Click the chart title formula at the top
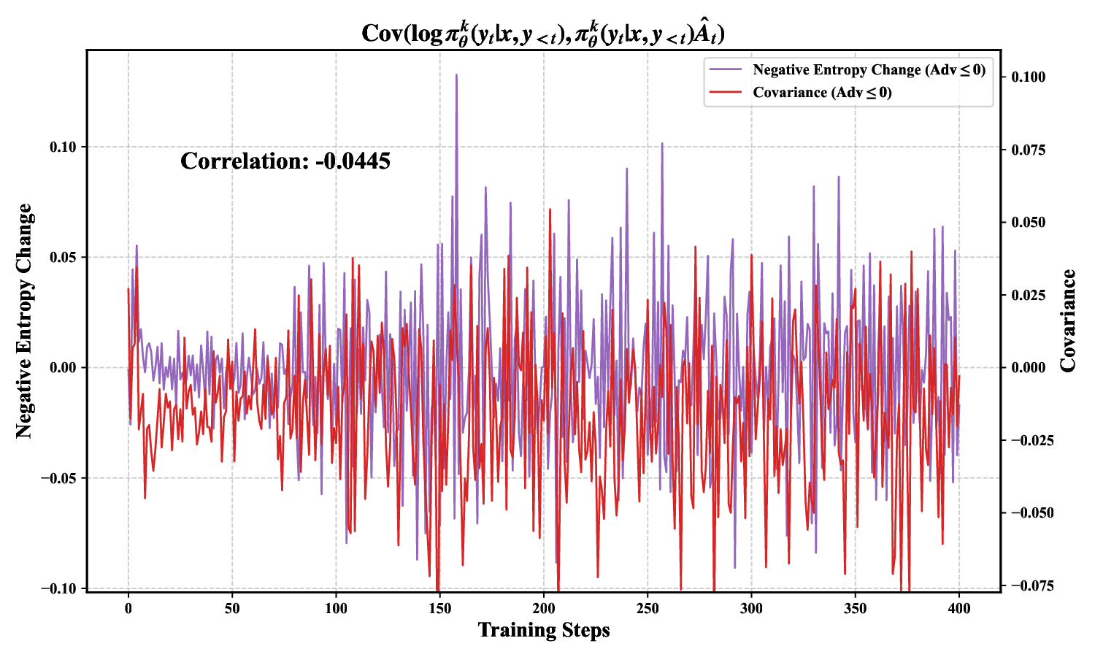point(543,34)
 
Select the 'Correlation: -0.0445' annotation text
point(285,161)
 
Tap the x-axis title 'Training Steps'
point(544,630)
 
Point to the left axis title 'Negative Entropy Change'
point(25,321)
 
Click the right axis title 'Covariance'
point(1069,321)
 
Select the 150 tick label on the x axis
point(439,608)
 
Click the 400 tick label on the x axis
point(958,608)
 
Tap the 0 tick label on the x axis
point(128,608)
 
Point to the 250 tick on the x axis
point(648,608)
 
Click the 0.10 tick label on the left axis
point(63,147)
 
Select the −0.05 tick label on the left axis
point(59,478)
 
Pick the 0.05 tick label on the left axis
point(63,257)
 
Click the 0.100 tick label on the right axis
point(1028,77)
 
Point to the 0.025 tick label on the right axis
point(1028,295)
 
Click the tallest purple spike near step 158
point(456,75)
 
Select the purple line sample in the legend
point(726,70)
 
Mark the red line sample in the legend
point(726,93)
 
